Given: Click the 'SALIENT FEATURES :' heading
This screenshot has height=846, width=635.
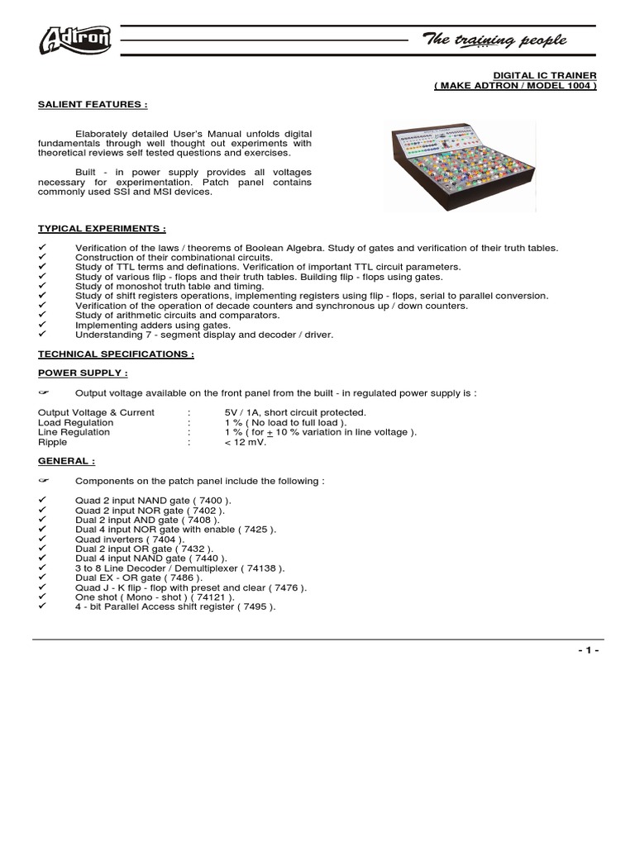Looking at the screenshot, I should pyautogui.click(x=93, y=105).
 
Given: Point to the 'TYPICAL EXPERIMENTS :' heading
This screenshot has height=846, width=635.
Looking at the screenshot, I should pyautogui.click(x=103, y=227).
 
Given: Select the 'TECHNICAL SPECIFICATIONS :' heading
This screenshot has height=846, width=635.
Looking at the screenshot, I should pyautogui.click(x=117, y=353).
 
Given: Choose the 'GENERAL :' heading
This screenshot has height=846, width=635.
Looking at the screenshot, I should pyautogui.click(x=67, y=462).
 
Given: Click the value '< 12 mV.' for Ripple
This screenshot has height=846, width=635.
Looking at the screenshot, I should pyautogui.click(x=246, y=442).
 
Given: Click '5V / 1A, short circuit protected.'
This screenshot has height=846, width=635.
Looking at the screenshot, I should pyautogui.click(x=294, y=412).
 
